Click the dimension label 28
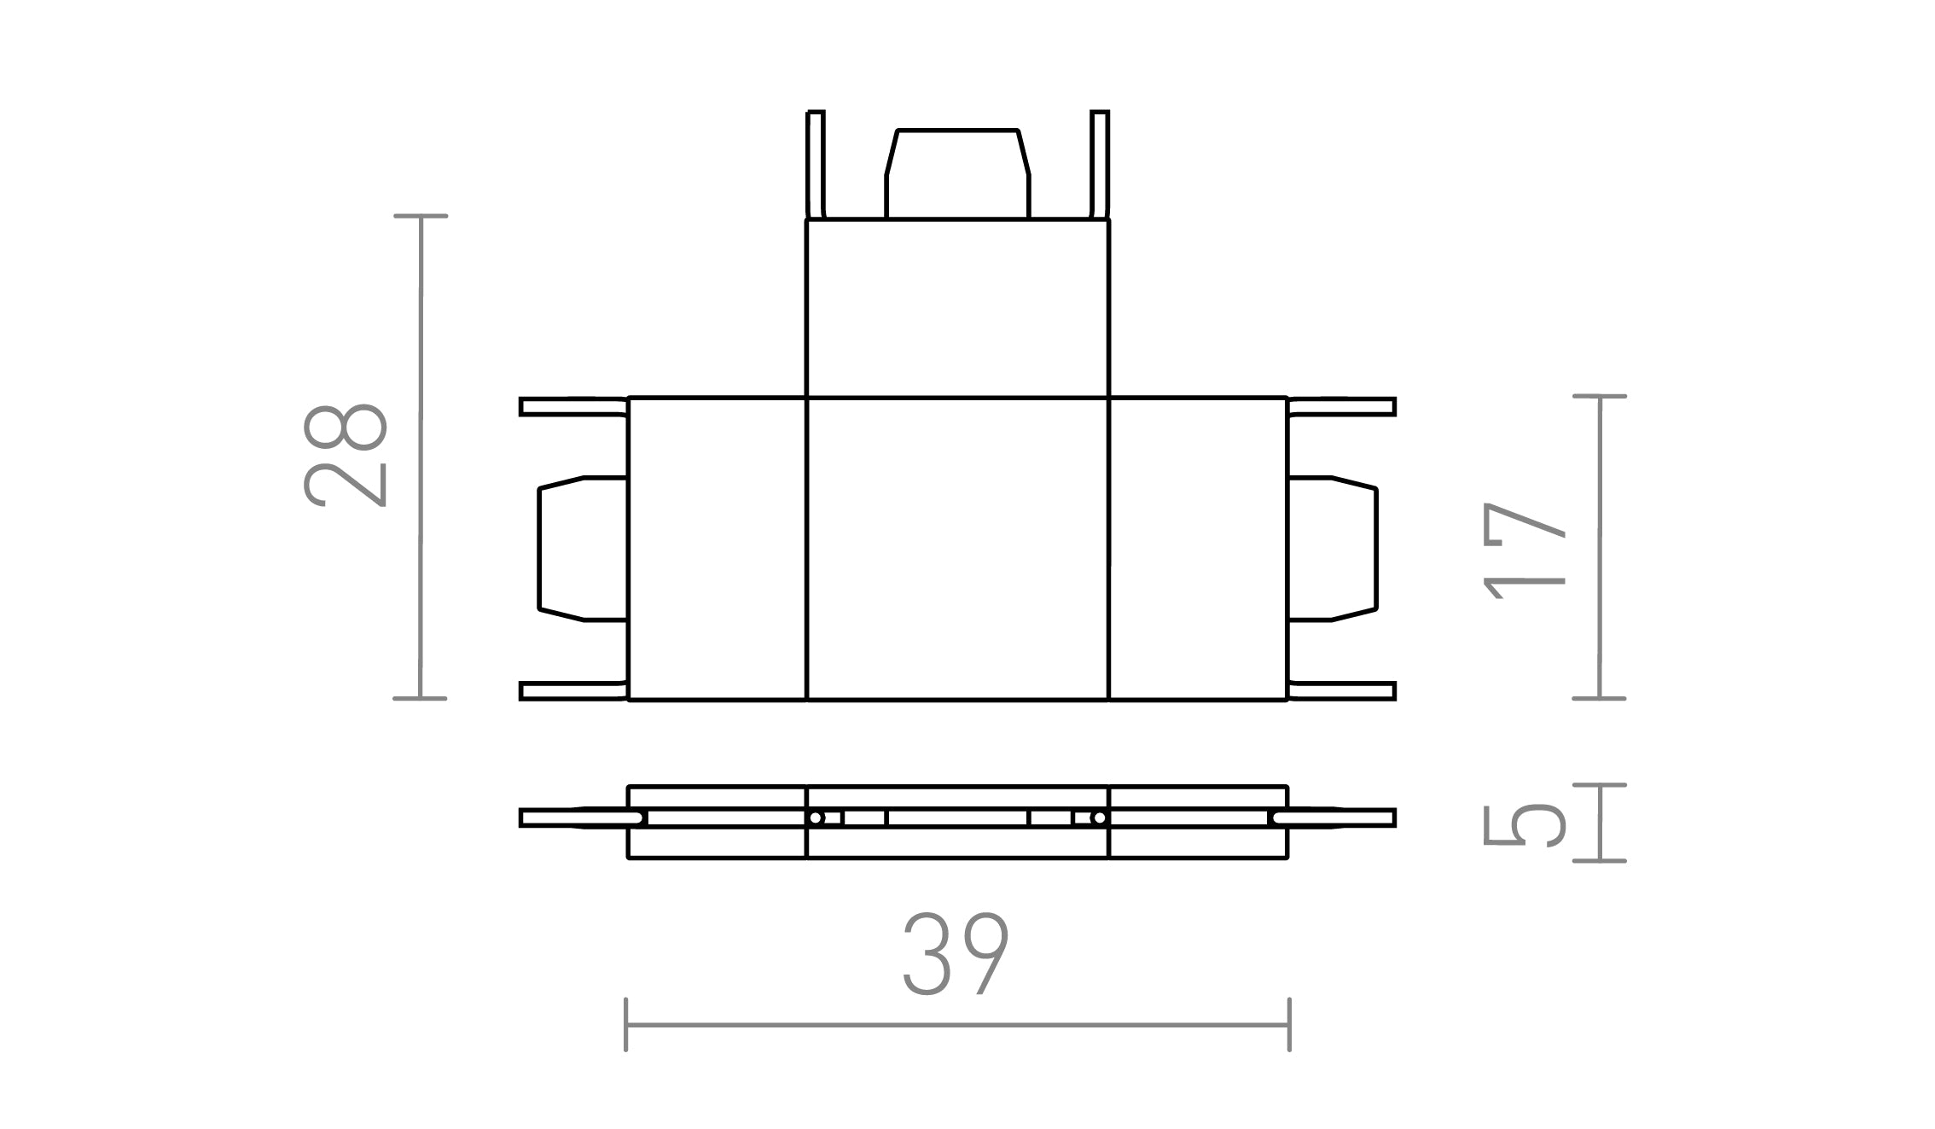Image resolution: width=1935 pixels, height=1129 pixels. [346, 456]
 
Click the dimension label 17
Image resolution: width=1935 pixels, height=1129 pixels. [1525, 551]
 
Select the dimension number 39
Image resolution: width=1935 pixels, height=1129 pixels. [956, 954]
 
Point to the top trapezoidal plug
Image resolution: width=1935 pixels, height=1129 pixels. [957, 174]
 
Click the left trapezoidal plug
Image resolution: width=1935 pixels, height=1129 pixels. [583, 549]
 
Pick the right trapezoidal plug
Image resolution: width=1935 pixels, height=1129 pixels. [1332, 549]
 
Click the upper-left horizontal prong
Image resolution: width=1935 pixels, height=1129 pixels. [573, 406]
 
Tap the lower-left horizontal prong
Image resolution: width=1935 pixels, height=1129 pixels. [573, 691]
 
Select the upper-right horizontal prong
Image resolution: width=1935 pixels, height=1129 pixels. [1341, 406]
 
